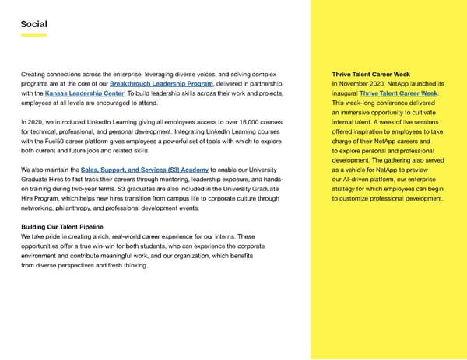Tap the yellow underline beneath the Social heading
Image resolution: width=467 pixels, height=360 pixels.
(35, 35)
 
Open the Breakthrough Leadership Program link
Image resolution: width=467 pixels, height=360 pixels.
(162, 84)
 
